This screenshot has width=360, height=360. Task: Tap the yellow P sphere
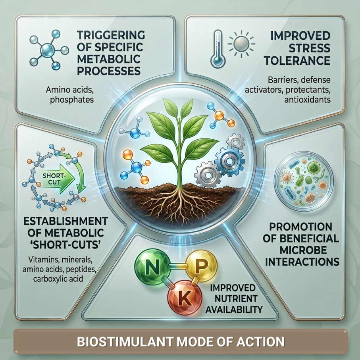click(201, 266)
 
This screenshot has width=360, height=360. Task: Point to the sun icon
click(241, 44)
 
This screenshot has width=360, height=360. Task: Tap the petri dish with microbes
click(304, 181)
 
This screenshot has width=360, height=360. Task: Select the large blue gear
click(230, 161)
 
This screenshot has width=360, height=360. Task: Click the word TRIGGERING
click(111, 35)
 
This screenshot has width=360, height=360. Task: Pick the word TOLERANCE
click(297, 61)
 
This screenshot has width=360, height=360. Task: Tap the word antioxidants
click(308, 100)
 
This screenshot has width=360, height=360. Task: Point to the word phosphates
click(72, 100)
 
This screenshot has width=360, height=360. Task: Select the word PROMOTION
click(301, 227)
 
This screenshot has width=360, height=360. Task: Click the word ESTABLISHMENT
click(65, 221)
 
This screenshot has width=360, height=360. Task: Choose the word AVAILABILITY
click(234, 310)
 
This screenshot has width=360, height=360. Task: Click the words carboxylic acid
click(58, 279)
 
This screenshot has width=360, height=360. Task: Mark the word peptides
click(81, 270)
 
